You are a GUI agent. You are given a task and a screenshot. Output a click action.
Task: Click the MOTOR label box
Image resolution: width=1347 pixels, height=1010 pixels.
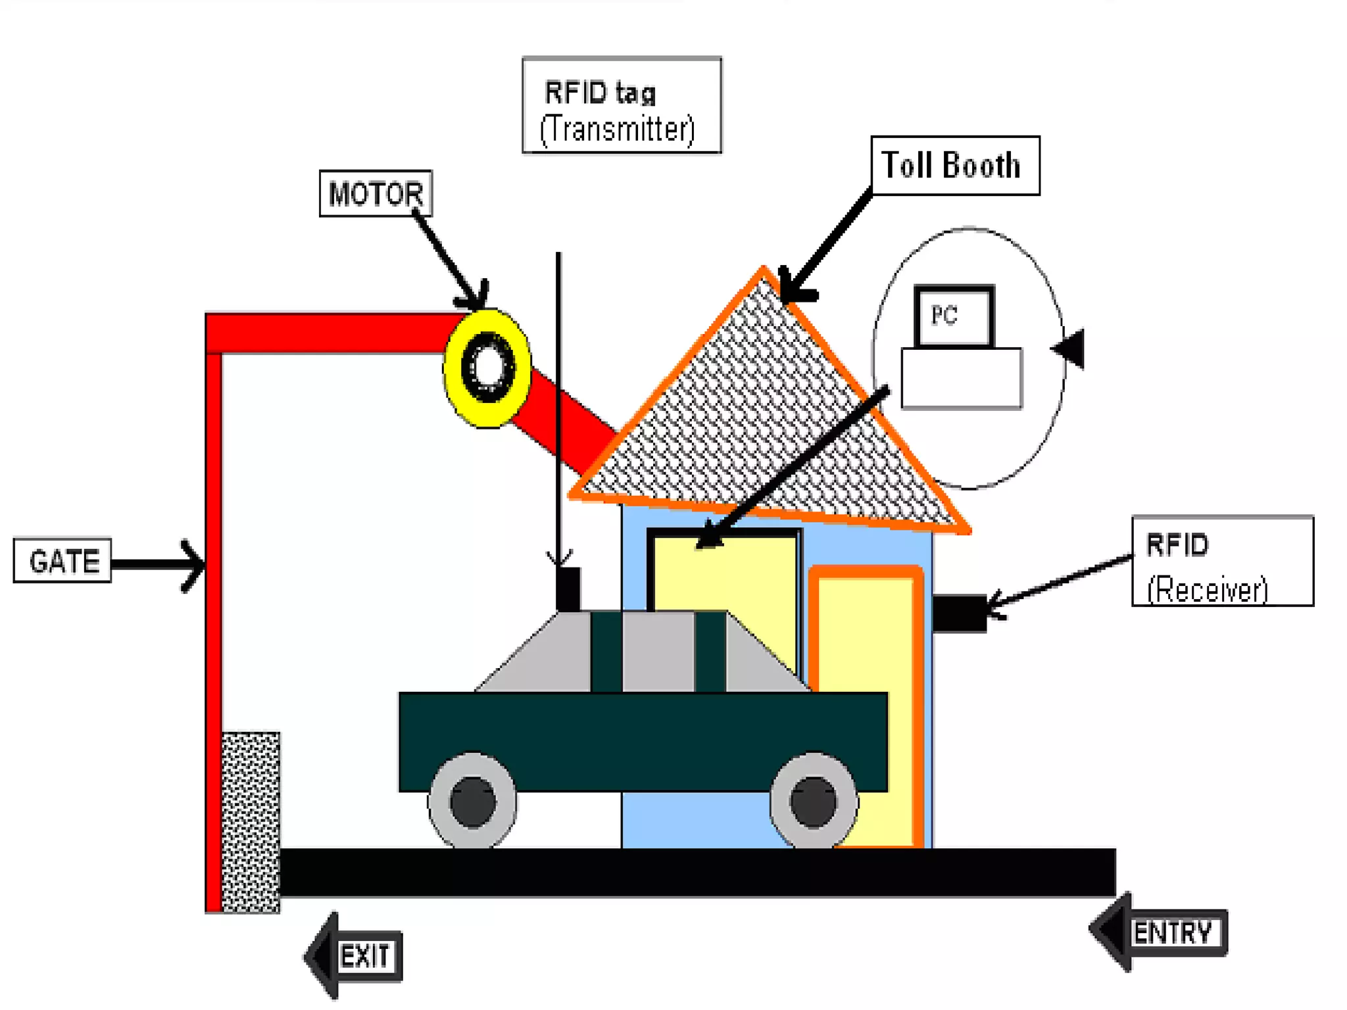click(x=376, y=193)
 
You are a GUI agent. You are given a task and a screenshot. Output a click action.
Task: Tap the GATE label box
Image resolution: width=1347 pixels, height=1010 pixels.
click(x=62, y=560)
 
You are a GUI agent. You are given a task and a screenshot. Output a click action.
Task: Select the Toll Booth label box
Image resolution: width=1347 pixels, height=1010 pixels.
click(x=954, y=166)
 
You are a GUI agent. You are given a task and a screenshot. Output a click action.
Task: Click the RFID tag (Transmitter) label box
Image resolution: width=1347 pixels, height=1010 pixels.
click(x=622, y=105)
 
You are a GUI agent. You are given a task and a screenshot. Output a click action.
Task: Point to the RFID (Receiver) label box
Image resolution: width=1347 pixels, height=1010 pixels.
click(x=1222, y=561)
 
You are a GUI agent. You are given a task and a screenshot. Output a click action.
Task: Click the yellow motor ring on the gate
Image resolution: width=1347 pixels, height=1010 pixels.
click(x=487, y=368)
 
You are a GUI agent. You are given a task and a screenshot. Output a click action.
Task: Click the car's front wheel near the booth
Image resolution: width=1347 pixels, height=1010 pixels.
click(x=813, y=801)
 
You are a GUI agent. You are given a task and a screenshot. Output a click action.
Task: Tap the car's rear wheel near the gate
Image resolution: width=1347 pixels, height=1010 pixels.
click(x=472, y=801)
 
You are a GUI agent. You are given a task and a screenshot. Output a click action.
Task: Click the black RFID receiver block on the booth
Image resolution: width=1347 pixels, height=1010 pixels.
click(x=959, y=613)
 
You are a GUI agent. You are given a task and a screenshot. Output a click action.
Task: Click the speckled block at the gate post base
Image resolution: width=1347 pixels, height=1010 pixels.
click(x=251, y=822)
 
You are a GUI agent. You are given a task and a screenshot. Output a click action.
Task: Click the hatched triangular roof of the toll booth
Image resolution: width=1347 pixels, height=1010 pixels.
click(x=763, y=421)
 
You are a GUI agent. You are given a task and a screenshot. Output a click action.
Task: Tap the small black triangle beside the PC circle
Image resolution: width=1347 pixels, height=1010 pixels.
click(x=1070, y=349)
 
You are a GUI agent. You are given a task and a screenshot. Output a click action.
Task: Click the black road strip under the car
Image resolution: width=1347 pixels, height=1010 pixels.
click(x=697, y=872)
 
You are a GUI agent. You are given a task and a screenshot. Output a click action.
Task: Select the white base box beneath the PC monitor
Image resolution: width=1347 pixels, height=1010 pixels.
click(x=961, y=378)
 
